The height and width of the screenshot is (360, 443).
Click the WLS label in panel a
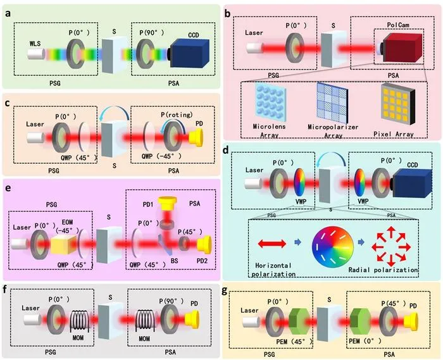[35, 44]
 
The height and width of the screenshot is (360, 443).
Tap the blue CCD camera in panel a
[190, 53]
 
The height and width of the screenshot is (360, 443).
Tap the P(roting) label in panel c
[177, 115]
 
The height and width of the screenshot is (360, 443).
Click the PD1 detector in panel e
[168, 204]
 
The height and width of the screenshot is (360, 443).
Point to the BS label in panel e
[174, 261]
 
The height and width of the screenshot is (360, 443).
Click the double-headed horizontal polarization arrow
[272, 244]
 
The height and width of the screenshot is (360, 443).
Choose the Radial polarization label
[383, 270]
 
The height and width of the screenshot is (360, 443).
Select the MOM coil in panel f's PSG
[80, 321]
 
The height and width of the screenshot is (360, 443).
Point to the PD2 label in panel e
[202, 261]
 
